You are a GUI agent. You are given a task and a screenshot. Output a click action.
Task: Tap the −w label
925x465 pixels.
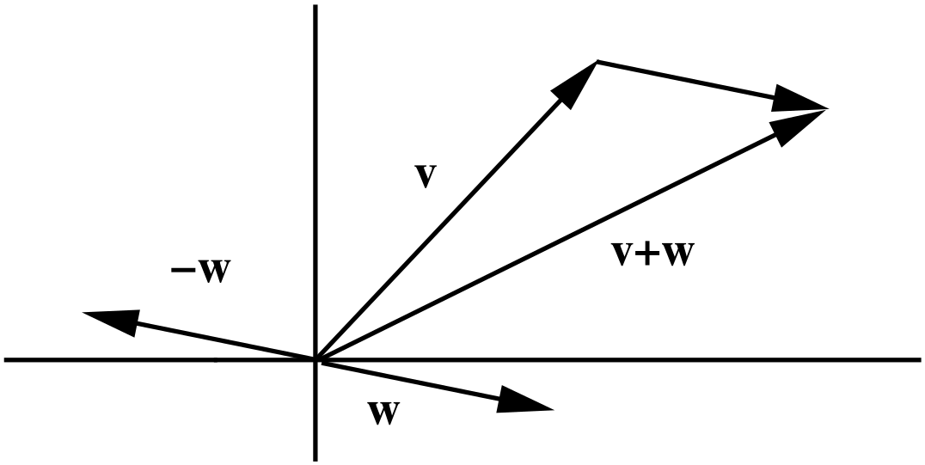coord(199,274)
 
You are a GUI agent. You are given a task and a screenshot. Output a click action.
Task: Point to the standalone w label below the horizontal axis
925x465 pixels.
coord(383,413)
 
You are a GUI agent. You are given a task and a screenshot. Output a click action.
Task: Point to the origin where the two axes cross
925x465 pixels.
coord(316,359)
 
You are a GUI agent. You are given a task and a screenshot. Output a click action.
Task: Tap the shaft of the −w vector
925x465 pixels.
coord(224,340)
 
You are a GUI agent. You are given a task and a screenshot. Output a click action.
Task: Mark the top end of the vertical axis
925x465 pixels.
coord(316,8)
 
